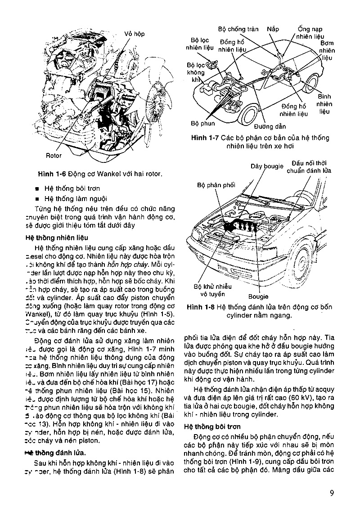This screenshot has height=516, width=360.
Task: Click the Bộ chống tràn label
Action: (238, 29)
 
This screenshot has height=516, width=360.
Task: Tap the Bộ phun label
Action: (202, 123)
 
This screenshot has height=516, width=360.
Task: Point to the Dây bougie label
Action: (267, 166)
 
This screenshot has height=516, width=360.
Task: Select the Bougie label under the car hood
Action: (258, 296)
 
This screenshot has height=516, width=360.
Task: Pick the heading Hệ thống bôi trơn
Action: (211, 426)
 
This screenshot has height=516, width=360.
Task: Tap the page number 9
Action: (331, 492)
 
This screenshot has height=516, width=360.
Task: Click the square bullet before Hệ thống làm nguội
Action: (37, 198)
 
